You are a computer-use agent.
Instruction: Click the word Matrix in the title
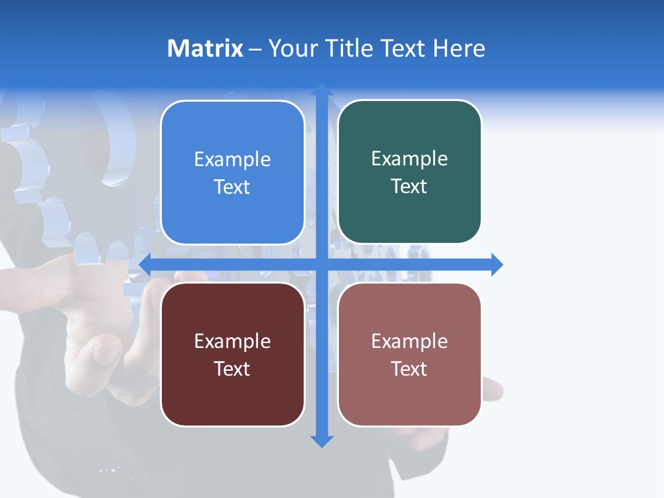[x=205, y=48]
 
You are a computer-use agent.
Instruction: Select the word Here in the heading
[x=459, y=48]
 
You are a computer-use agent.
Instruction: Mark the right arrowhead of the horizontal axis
[x=497, y=264]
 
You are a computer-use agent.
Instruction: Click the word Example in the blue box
[x=232, y=160]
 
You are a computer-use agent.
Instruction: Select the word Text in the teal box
[x=409, y=187]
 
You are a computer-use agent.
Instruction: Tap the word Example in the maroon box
[x=232, y=342]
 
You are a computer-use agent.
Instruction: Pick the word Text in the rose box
[x=409, y=369]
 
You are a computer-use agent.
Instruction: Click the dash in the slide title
[x=255, y=49]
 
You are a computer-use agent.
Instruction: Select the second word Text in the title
[x=404, y=48]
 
